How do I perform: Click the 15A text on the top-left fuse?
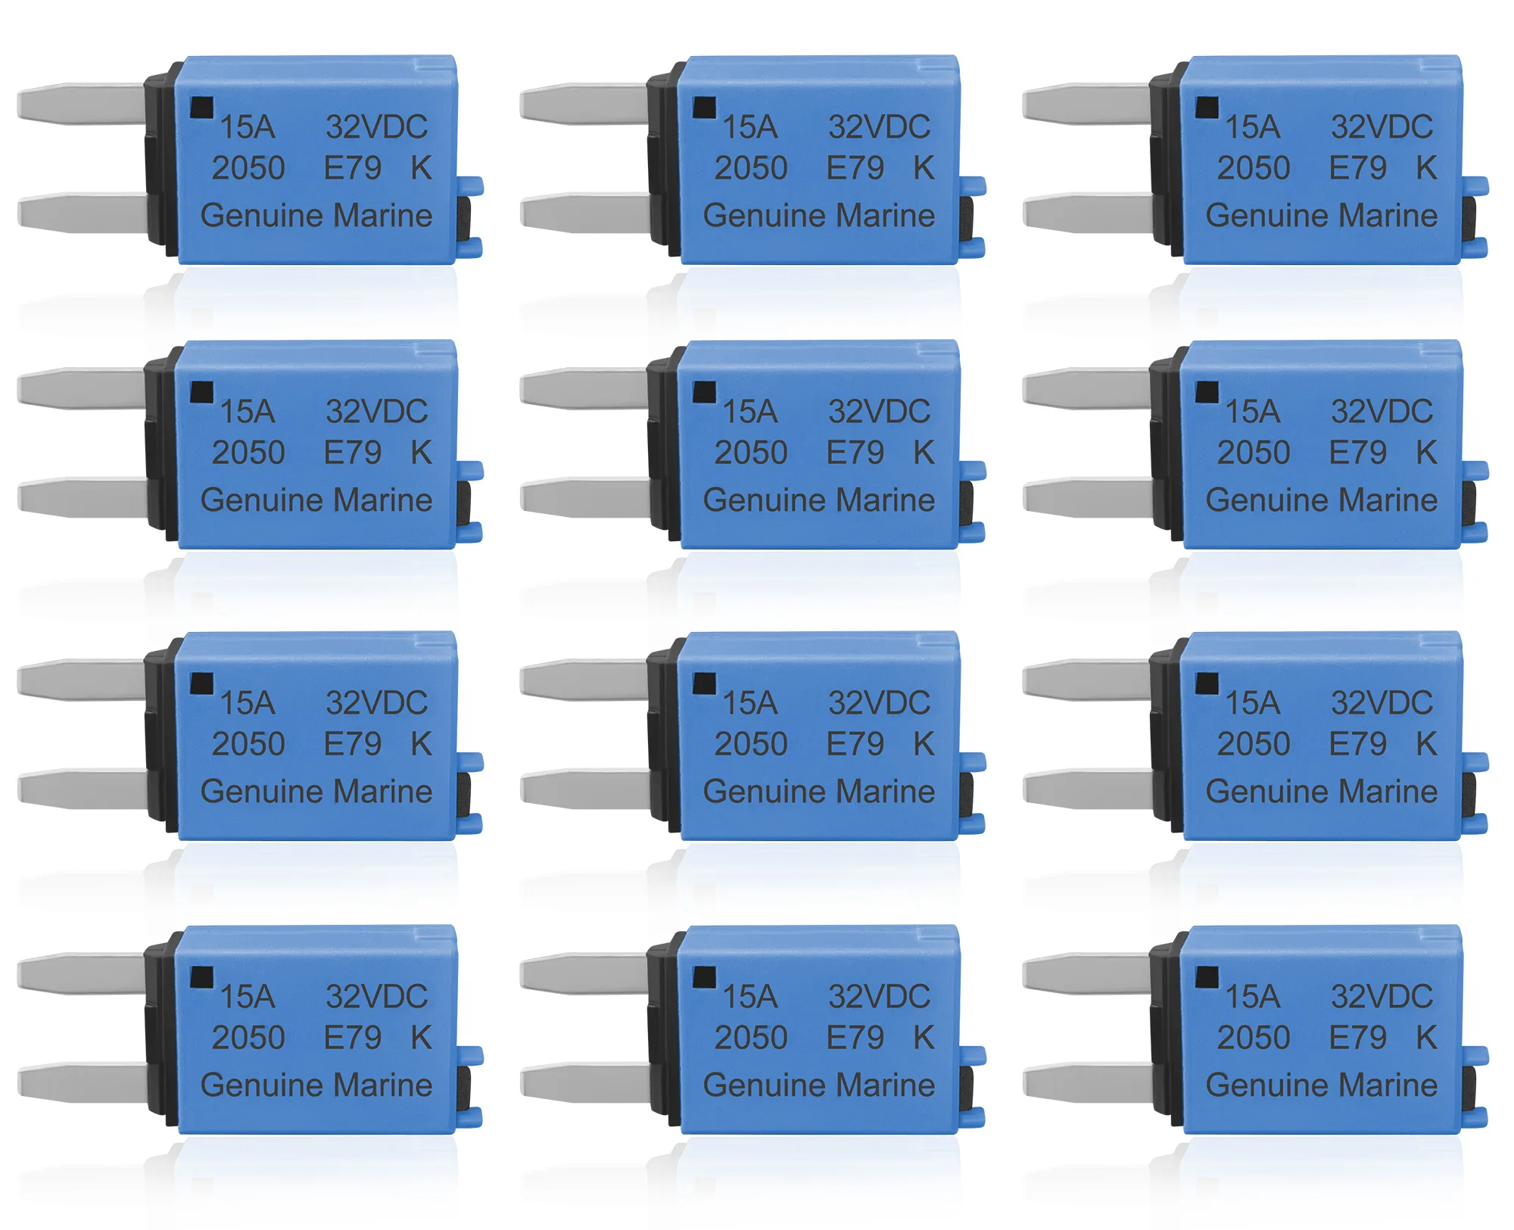(248, 127)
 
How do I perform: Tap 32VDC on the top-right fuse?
(1382, 127)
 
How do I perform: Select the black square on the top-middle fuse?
(704, 107)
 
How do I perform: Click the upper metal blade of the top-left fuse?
(82, 104)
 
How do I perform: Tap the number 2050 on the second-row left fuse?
(248, 453)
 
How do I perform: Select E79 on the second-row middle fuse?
(855, 453)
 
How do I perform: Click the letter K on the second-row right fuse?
(1427, 453)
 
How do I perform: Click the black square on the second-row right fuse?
(1207, 392)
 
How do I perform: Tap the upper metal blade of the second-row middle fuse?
(584, 388)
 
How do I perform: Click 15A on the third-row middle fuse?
(750, 703)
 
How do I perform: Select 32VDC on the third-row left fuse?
(377, 703)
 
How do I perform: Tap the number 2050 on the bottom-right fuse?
(1254, 1038)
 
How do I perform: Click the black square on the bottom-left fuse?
(201, 977)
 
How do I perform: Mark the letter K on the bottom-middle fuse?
(924, 1038)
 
